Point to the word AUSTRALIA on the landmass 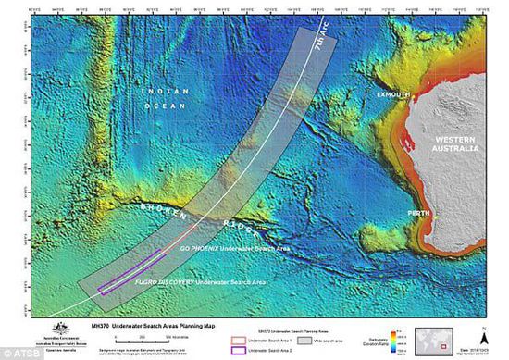[x=455, y=148]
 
